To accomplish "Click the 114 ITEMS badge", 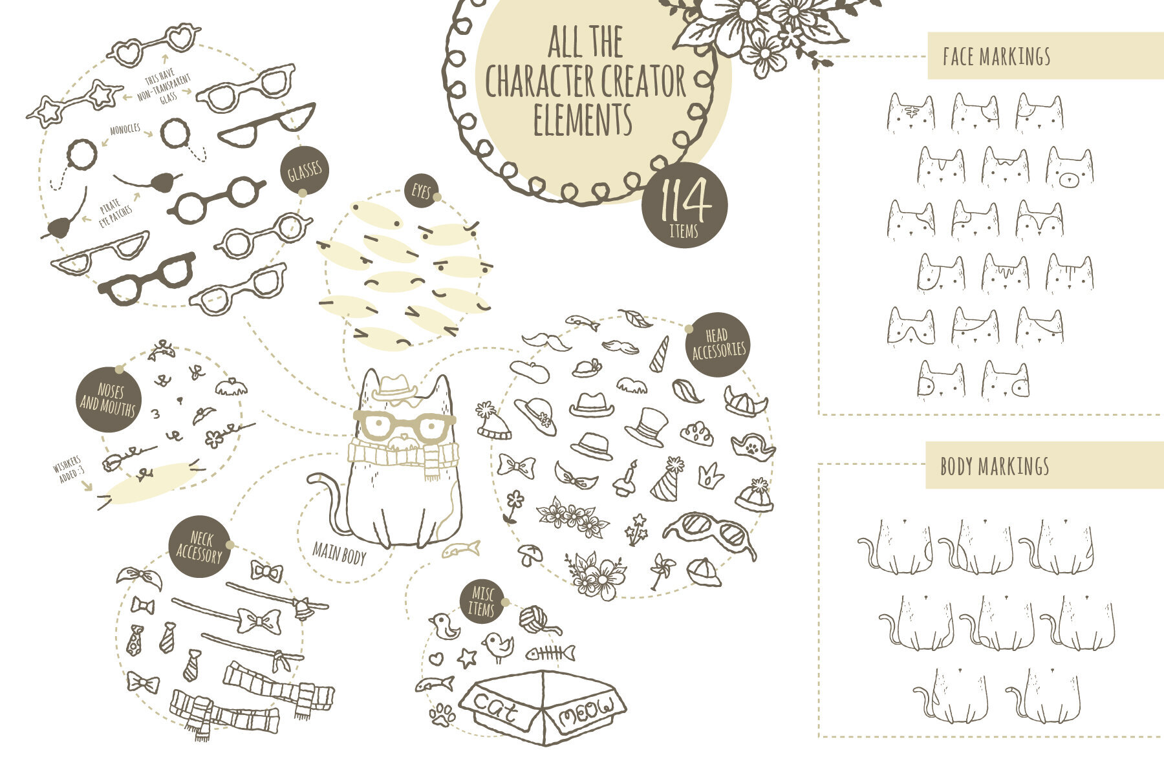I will tap(684, 206).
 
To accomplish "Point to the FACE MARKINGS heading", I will tap(996, 56).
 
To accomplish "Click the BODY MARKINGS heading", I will tap(995, 466).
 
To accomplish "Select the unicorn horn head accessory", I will tap(660, 354).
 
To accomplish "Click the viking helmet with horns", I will tap(744, 401).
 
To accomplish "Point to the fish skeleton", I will tap(550, 653).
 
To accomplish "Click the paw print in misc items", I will tap(443, 714).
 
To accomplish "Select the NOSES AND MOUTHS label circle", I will tap(108, 400).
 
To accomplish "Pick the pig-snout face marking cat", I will tap(1070, 169).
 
